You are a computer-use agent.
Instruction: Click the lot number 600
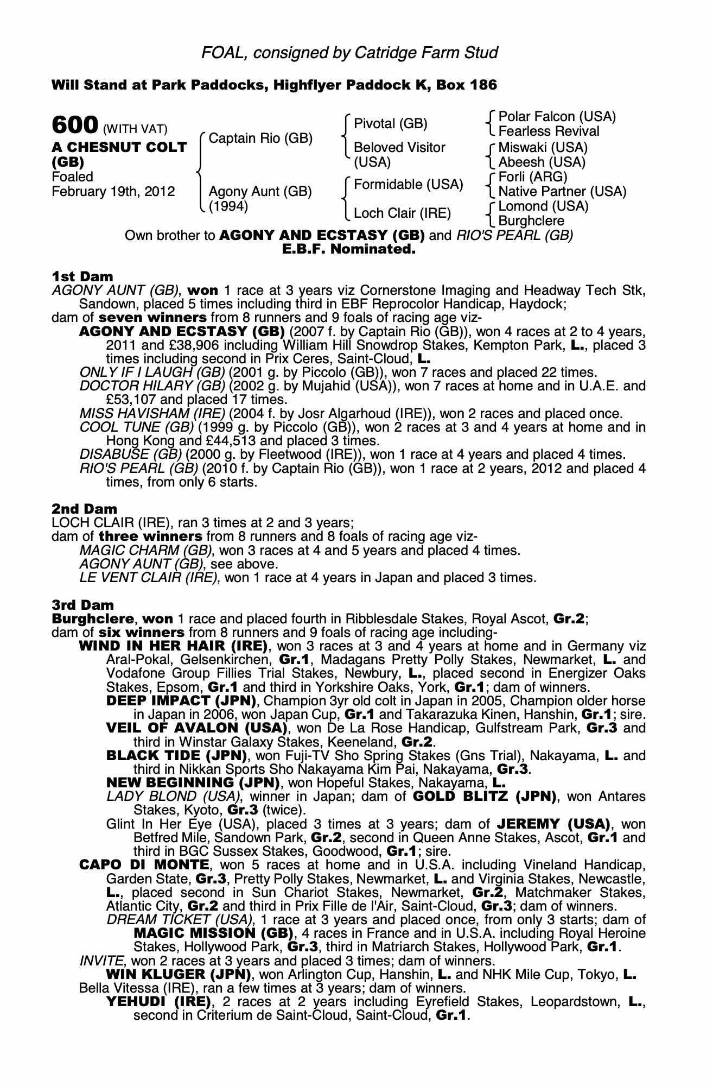(x=75, y=125)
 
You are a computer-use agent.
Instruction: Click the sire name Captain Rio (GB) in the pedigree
(x=260, y=138)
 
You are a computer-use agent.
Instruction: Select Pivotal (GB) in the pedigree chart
(x=390, y=124)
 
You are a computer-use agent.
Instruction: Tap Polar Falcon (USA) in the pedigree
(x=557, y=117)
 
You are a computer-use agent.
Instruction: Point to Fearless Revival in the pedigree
(x=549, y=131)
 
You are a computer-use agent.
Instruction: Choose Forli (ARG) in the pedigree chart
(x=532, y=177)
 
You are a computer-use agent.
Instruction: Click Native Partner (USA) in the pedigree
(x=562, y=192)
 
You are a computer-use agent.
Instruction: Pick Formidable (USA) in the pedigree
(x=408, y=185)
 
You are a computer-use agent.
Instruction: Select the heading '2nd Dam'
(x=84, y=509)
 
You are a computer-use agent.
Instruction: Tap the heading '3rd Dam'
(x=83, y=605)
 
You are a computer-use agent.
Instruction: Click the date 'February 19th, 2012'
(x=113, y=192)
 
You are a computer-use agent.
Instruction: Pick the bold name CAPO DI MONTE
(x=144, y=865)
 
